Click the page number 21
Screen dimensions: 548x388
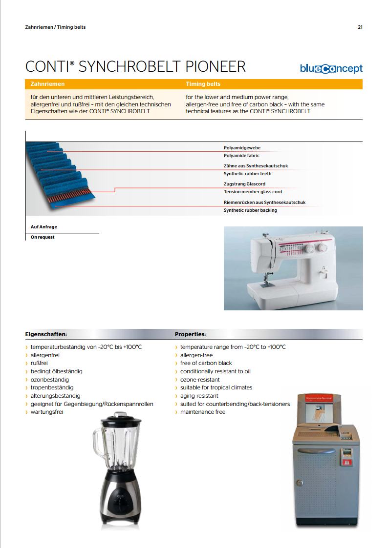360,27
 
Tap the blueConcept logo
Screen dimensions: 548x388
331,69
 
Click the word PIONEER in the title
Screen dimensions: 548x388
216,67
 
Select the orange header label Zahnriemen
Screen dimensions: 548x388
47,84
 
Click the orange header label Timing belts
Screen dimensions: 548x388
203,84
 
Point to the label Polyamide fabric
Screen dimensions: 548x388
241,156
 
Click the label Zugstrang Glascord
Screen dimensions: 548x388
244,184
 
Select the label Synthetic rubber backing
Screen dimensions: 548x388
250,210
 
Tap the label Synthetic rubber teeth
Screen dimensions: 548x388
247,174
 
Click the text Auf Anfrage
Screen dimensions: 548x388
43,227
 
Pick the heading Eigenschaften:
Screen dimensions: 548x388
45,335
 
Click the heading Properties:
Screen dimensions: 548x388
190,335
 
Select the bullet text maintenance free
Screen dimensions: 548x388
203,412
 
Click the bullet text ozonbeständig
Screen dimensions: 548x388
49,380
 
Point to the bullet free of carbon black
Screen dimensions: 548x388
206,363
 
